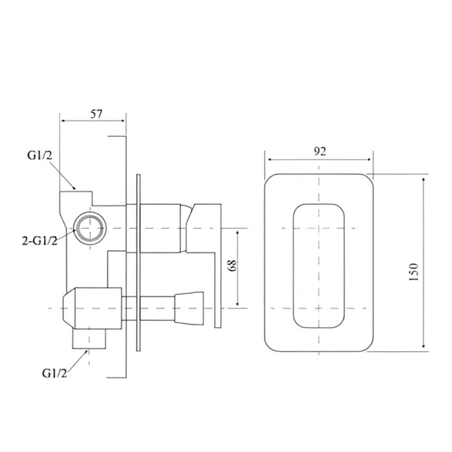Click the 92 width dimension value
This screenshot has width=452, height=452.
pos(319,151)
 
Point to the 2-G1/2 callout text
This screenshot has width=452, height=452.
pos(39,241)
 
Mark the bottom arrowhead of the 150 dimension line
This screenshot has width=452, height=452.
pos(425,346)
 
